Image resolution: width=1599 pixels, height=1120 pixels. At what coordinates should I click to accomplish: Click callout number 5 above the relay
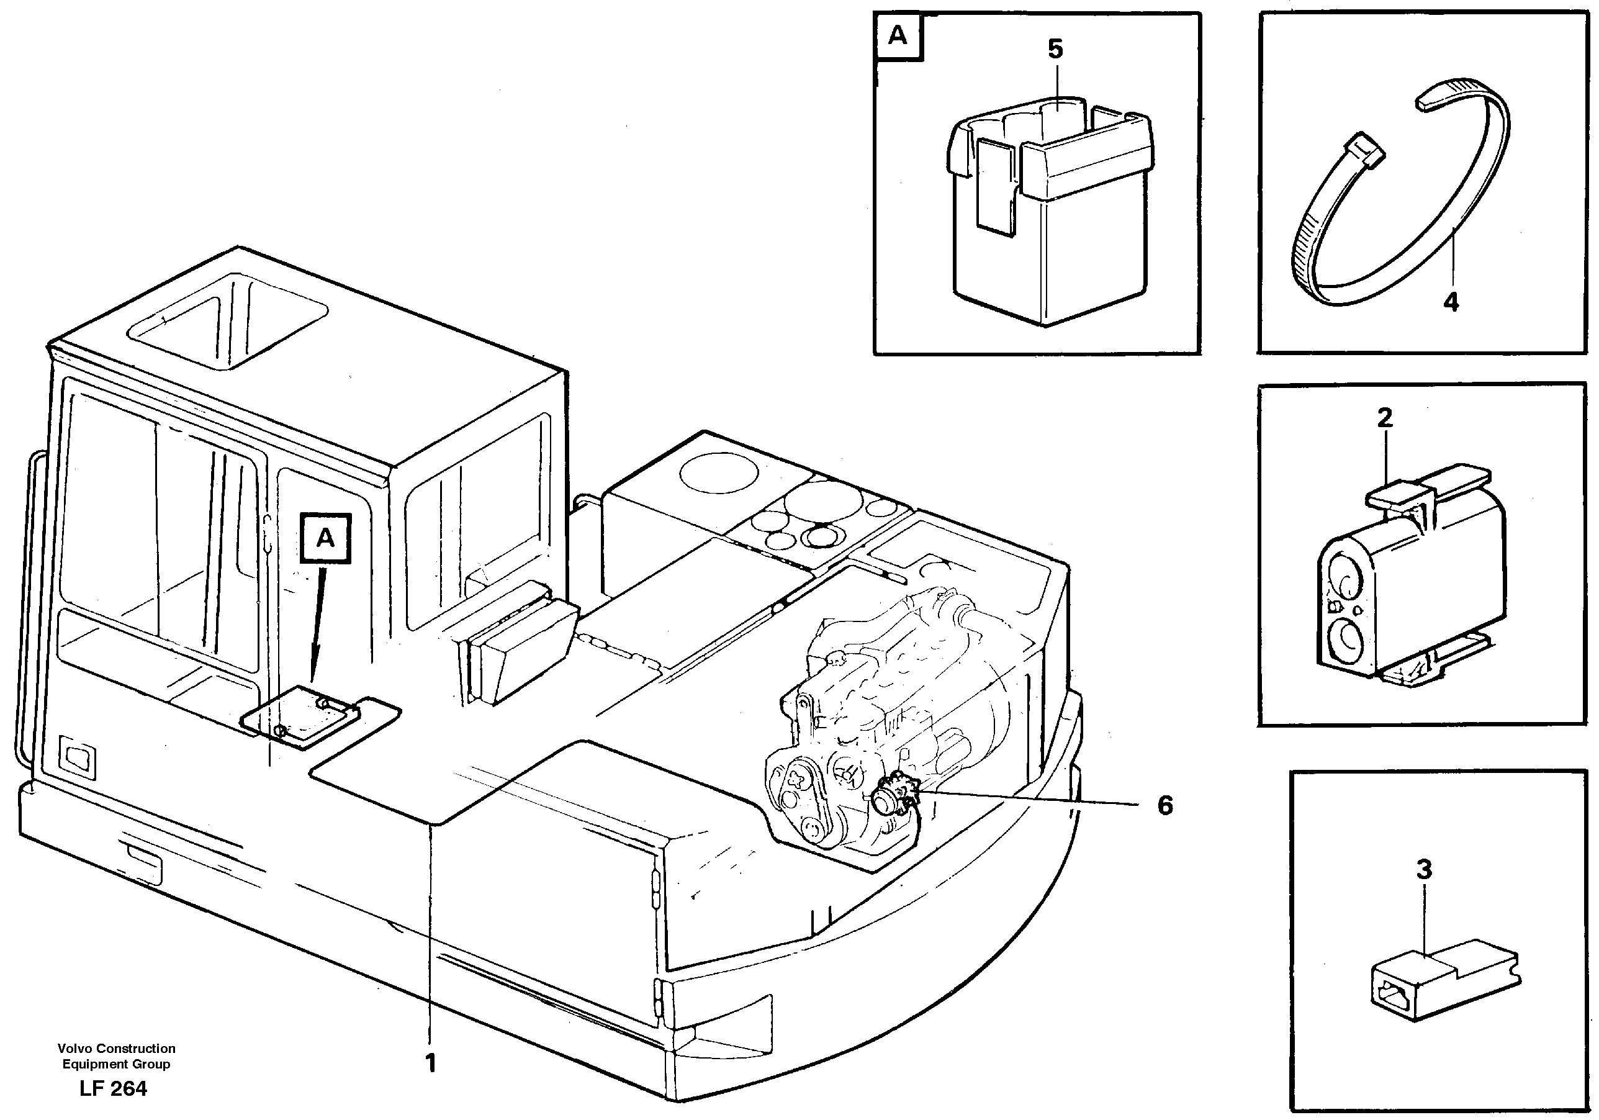[x=1055, y=50]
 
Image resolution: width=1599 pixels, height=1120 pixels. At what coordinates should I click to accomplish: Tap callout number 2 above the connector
[x=1384, y=418]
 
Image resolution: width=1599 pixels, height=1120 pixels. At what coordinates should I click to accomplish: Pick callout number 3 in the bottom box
[x=1424, y=869]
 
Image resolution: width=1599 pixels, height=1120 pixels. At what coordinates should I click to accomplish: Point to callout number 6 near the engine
[x=1164, y=806]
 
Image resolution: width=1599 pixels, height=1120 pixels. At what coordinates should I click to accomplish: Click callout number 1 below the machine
[x=430, y=1063]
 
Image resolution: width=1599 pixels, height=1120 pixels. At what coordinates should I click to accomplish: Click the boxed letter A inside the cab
[x=325, y=538]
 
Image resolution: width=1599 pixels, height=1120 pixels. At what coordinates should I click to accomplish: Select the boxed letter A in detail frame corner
[x=898, y=35]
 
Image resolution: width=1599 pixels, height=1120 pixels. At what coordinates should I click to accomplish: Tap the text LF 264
[x=113, y=1089]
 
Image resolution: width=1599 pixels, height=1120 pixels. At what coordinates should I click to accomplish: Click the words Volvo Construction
[x=116, y=1048]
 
